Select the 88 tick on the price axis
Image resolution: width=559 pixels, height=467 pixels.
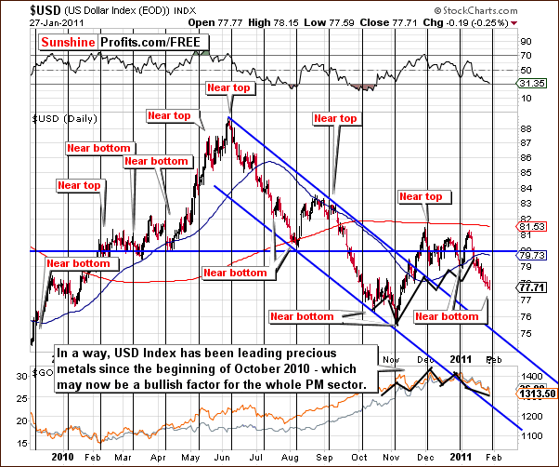pos(526,129)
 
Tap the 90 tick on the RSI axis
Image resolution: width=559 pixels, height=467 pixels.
pos(526,41)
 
